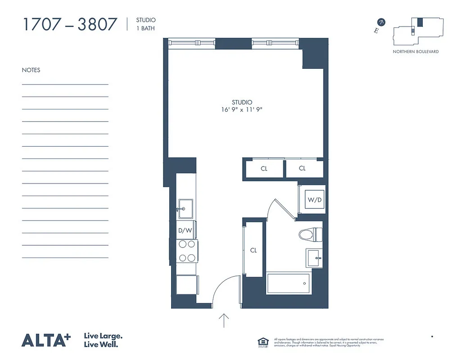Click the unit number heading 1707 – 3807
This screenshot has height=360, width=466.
[x=69, y=24]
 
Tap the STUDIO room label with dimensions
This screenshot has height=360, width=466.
[x=242, y=106]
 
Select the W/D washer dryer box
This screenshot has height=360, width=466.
[x=314, y=199]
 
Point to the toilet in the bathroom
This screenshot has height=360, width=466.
[x=311, y=234]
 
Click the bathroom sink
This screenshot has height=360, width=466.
[x=314, y=258]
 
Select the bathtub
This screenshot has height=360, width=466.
[x=288, y=283]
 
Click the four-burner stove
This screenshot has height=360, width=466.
[x=187, y=251]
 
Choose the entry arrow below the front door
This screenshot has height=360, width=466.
[x=224, y=320]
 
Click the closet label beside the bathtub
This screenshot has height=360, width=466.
[x=253, y=250]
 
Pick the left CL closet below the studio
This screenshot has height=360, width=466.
[x=264, y=169]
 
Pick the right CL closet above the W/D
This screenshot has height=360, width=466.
[x=302, y=169]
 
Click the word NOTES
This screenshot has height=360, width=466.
[x=31, y=70]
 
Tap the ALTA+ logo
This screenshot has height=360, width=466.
[x=46, y=340]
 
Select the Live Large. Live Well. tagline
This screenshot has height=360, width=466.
[x=104, y=340]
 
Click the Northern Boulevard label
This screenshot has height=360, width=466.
[x=416, y=52]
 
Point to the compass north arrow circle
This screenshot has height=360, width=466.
[x=381, y=22]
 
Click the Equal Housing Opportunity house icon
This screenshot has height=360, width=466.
[x=262, y=342]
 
